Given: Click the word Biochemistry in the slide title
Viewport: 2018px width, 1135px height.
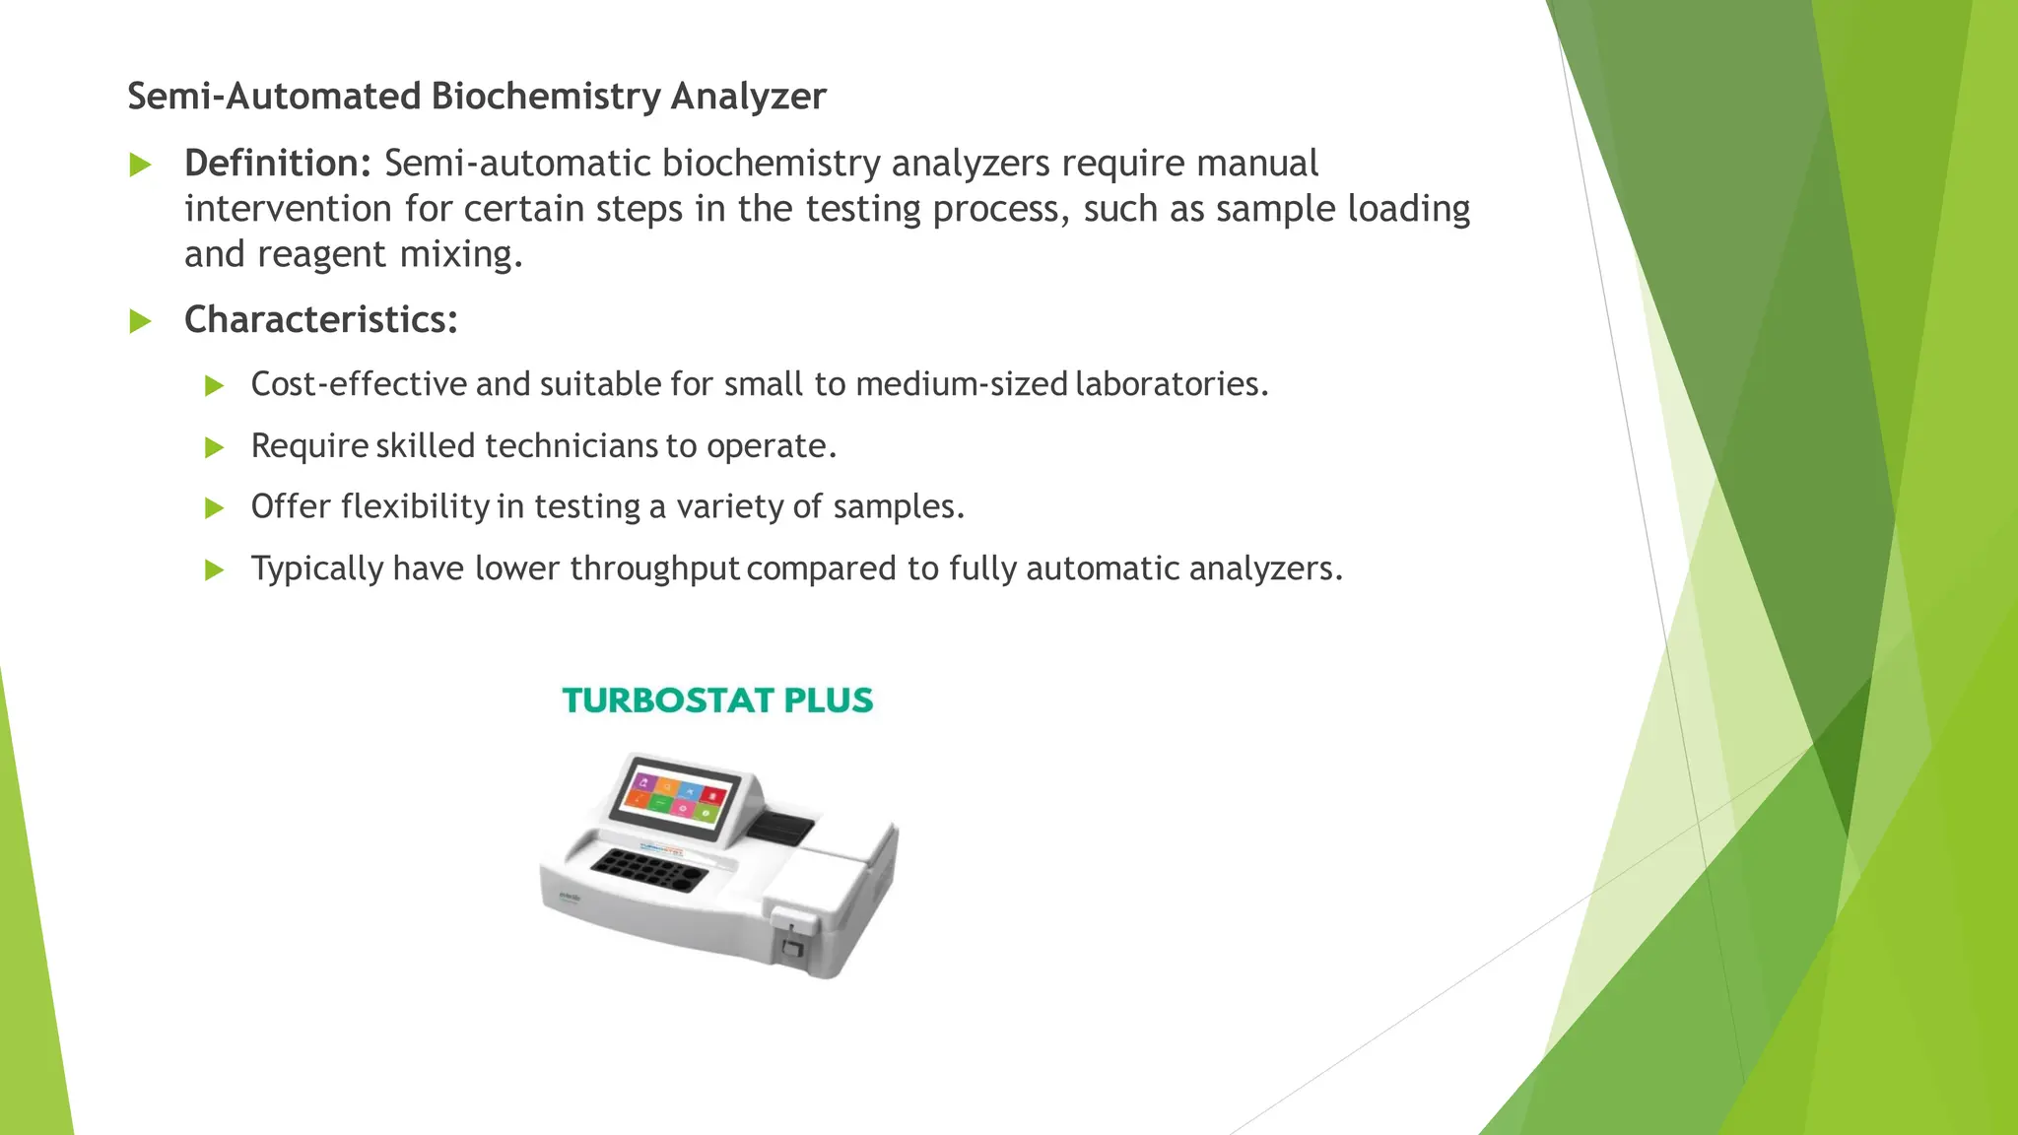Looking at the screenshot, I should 546,97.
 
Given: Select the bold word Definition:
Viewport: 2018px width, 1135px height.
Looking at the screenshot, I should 278,164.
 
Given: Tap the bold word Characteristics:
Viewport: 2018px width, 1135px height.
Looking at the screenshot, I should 321,320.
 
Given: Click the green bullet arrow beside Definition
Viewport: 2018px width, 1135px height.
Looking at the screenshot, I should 141,166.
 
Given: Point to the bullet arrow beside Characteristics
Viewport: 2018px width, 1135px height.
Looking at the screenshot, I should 141,321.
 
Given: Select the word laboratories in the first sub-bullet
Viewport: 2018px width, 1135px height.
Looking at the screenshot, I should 1172,384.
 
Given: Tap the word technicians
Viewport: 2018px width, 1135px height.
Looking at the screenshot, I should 572,446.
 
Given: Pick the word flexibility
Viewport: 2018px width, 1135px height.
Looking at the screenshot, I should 415,506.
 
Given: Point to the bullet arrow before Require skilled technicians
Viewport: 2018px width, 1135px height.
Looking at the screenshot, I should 215,448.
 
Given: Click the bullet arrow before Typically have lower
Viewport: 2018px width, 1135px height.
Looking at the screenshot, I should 215,570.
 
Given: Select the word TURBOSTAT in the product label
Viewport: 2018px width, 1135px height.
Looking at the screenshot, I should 667,701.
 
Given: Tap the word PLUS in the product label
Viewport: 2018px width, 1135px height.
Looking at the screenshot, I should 829,701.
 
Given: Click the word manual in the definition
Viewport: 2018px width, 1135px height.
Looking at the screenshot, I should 1257,164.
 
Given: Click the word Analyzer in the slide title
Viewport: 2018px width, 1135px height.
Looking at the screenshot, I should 748,97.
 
